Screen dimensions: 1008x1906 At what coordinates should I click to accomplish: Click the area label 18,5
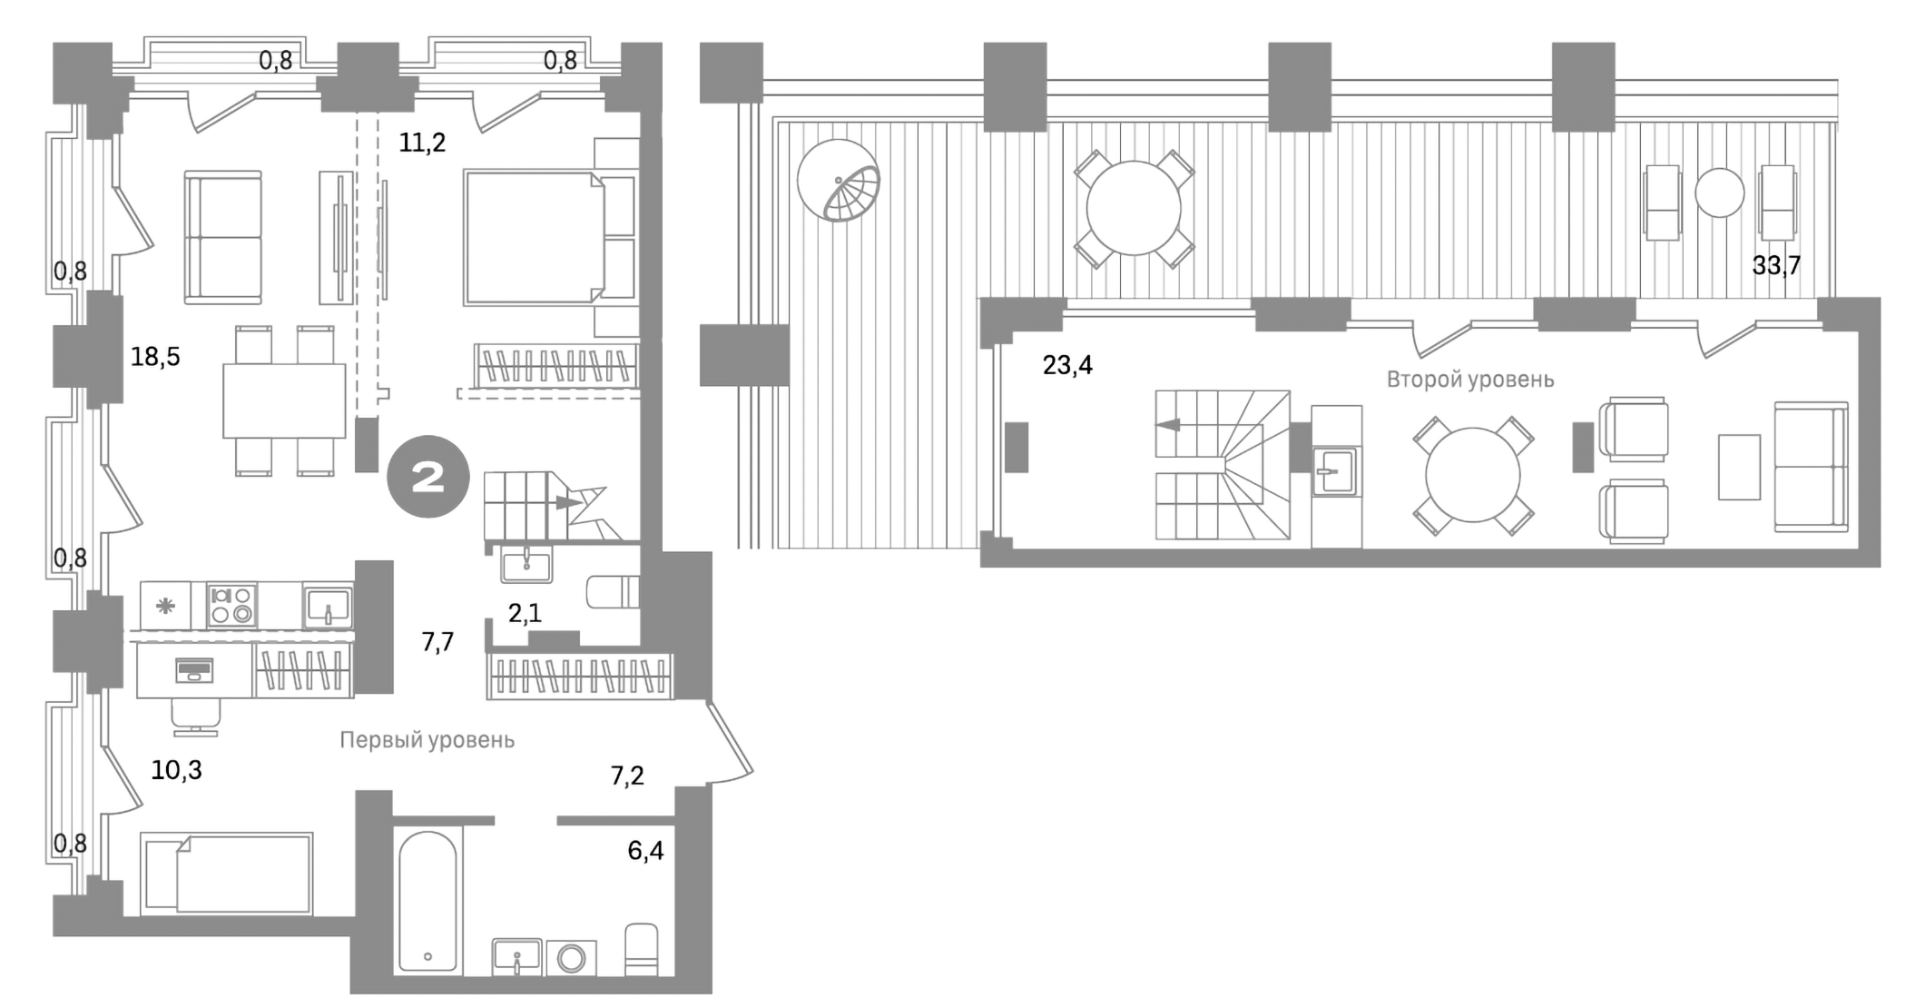(x=155, y=356)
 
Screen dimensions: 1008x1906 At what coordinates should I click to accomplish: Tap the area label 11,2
(x=422, y=143)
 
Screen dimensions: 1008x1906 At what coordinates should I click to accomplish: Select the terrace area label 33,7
(x=1775, y=266)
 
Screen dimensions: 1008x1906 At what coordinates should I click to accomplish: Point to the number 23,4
(x=1067, y=365)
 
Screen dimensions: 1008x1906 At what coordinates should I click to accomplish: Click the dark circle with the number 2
(x=428, y=479)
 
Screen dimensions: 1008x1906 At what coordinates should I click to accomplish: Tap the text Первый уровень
(x=427, y=740)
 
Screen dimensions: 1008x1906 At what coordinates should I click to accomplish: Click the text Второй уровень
(x=1469, y=380)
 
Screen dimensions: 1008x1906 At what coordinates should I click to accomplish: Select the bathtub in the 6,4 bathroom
(x=427, y=901)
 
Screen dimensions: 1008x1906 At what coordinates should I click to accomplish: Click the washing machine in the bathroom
(x=572, y=958)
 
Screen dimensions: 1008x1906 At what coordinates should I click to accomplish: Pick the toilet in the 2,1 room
(x=614, y=592)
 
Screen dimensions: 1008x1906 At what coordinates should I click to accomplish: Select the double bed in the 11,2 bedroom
(x=534, y=237)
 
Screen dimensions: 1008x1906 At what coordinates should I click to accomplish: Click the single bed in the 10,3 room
(x=227, y=874)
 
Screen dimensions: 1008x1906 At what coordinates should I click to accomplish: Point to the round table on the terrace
(x=1134, y=209)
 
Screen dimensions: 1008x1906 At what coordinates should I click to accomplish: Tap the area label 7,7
(x=437, y=642)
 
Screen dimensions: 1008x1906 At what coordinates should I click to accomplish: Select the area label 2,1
(x=525, y=614)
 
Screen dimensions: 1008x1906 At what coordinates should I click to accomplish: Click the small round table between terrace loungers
(x=1719, y=193)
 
